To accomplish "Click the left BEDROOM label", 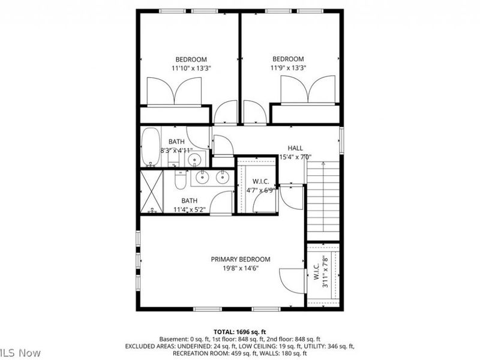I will [191, 59].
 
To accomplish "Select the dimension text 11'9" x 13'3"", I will [288, 68].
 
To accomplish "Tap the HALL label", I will [295, 148].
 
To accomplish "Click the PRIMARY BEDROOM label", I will [240, 259].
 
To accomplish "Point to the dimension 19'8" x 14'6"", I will [240, 269].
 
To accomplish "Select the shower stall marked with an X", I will [152, 192].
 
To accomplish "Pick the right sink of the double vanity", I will [222, 177].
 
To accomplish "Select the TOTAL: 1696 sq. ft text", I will [239, 331].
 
